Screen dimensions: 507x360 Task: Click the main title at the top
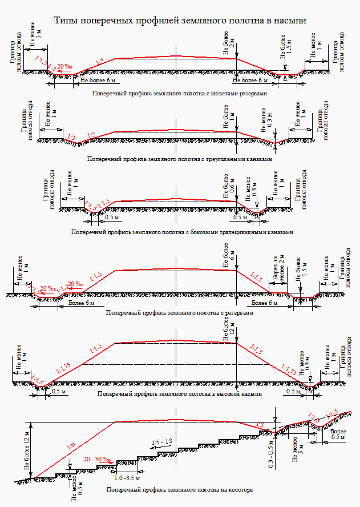tap(180, 21)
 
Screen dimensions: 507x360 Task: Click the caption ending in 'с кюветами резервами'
tap(179, 92)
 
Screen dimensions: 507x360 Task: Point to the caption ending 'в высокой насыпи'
tap(180, 394)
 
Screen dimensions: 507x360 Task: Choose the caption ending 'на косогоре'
tap(179, 490)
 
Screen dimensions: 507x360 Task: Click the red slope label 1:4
tap(99, 61)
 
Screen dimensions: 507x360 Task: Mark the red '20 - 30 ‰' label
tap(96, 459)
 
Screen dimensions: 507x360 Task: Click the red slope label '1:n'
tap(71, 447)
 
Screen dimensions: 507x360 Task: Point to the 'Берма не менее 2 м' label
tap(278, 271)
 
